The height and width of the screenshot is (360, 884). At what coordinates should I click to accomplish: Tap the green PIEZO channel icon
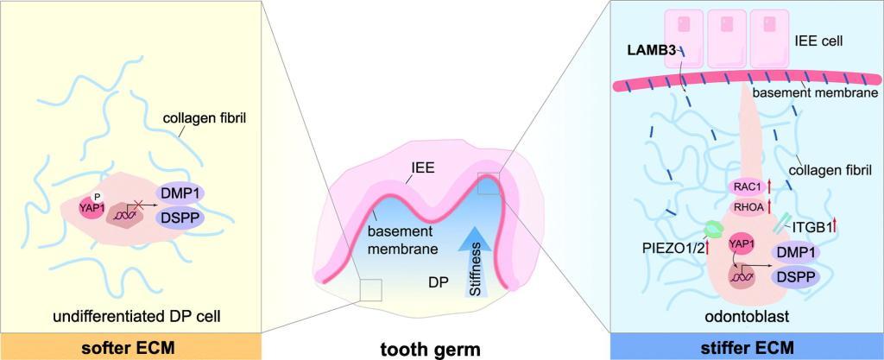pos(713,228)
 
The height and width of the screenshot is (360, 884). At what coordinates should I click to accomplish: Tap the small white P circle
pos(98,197)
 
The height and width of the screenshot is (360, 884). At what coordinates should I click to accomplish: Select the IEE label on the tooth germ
pos(422,167)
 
